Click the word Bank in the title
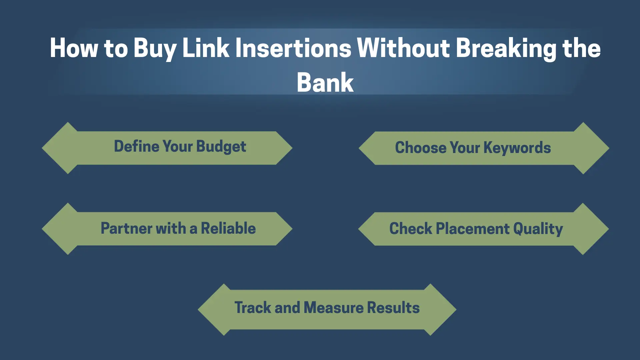pyautogui.click(x=325, y=82)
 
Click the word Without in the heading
pyautogui.click(x=403, y=48)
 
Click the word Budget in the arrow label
pyautogui.click(x=221, y=147)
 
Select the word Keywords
pyautogui.click(x=517, y=148)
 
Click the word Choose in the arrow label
pyautogui.click(x=421, y=147)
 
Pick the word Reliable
pyautogui.click(x=228, y=228)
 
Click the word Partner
pyautogui.click(x=126, y=228)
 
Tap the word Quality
pyautogui.click(x=538, y=229)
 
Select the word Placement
pyautogui.click(x=473, y=229)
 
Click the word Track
pyautogui.click(x=253, y=307)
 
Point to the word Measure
pyautogui.click(x=333, y=307)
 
